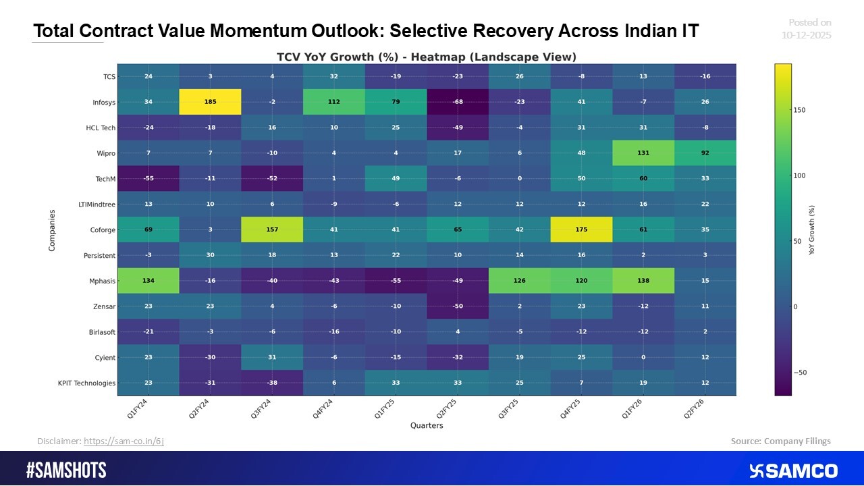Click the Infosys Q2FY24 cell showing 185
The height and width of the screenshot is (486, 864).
point(210,102)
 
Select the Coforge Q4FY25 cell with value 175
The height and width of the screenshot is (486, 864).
point(581,230)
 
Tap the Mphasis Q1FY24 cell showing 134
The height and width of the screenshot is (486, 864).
point(148,281)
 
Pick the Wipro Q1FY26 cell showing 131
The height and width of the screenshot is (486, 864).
point(643,153)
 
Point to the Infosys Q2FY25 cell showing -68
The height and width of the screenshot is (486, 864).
point(458,102)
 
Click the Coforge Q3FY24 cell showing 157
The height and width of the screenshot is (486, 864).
point(272,230)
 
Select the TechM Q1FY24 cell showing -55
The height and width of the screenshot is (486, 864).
point(148,178)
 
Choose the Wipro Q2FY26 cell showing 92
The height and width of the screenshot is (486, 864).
point(705,153)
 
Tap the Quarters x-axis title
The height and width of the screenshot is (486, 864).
point(427,425)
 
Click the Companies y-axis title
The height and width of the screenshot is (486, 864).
point(52,230)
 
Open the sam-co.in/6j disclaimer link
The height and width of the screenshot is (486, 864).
point(124,441)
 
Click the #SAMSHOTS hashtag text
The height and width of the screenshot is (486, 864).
point(66,470)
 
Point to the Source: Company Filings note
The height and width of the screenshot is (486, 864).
point(780,441)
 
